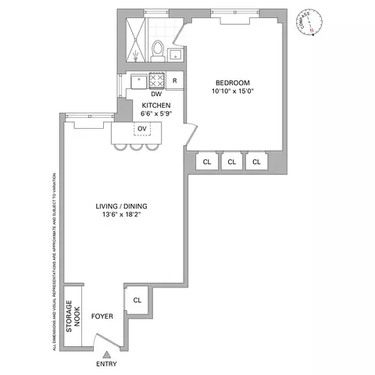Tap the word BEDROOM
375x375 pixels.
point(233,83)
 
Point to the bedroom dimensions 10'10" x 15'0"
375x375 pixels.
point(233,91)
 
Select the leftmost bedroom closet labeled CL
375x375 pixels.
point(206,162)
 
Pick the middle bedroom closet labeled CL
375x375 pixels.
point(230,162)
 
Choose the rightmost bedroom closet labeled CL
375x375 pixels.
point(255,162)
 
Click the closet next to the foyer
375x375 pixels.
point(137,299)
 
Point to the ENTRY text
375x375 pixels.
point(107,365)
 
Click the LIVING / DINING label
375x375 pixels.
point(121,206)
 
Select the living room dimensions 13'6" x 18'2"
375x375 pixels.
point(121,216)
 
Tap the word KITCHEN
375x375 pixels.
point(156,105)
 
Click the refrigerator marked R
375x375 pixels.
point(174,80)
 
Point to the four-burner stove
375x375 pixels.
point(156,80)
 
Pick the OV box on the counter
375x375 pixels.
point(142,129)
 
